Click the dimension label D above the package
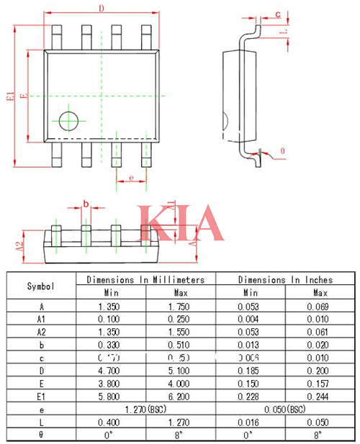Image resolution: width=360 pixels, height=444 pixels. (x=102, y=9)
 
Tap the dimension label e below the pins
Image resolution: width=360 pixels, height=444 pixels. (x=131, y=176)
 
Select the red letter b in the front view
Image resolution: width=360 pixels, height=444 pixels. (x=86, y=204)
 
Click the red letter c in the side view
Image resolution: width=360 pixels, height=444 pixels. (x=278, y=14)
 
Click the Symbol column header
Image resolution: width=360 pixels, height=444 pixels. (x=41, y=286)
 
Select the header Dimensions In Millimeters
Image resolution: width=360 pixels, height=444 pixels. (x=145, y=279)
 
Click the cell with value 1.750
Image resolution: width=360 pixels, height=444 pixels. (x=180, y=307)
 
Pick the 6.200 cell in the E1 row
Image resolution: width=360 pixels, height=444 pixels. (x=180, y=397)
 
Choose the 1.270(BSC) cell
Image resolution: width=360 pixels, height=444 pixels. (x=145, y=409)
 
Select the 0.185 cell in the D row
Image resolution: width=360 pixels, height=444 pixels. (x=250, y=371)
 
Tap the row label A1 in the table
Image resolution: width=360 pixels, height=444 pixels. (x=41, y=320)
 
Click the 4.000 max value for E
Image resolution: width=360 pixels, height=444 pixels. (x=180, y=384)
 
